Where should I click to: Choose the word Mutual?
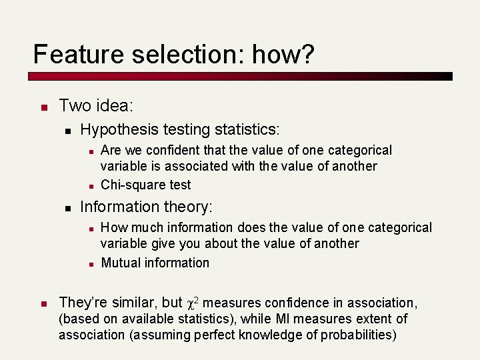(121, 263)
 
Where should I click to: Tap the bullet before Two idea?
(41, 107)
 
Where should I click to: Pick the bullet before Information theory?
(67, 208)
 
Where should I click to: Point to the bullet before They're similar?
(41, 304)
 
